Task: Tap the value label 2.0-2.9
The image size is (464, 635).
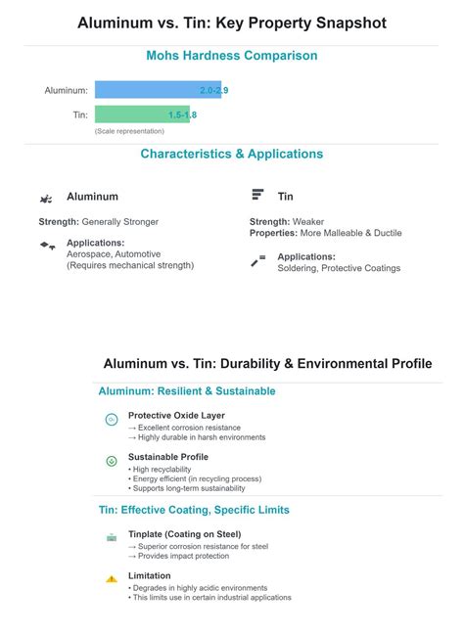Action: coord(213,90)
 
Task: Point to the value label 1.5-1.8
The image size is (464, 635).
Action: coord(182,114)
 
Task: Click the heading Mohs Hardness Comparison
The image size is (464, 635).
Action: coord(231,56)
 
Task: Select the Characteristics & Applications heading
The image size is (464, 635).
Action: coord(231,154)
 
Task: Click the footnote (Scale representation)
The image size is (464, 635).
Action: coord(123,130)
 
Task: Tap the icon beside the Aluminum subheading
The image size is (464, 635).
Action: coord(46,198)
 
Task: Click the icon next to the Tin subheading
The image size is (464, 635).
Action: coord(257,196)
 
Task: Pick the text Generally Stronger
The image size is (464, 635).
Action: coord(120,222)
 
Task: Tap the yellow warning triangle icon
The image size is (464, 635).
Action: coord(112,578)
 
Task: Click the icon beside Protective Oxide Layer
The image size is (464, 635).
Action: coord(112,420)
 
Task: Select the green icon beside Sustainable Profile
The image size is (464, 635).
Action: coord(112,460)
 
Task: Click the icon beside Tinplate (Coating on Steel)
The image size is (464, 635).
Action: coord(112,537)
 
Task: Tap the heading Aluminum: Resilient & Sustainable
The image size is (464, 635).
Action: coord(187,391)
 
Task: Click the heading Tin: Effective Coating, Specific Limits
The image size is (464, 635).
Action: coord(194,510)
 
